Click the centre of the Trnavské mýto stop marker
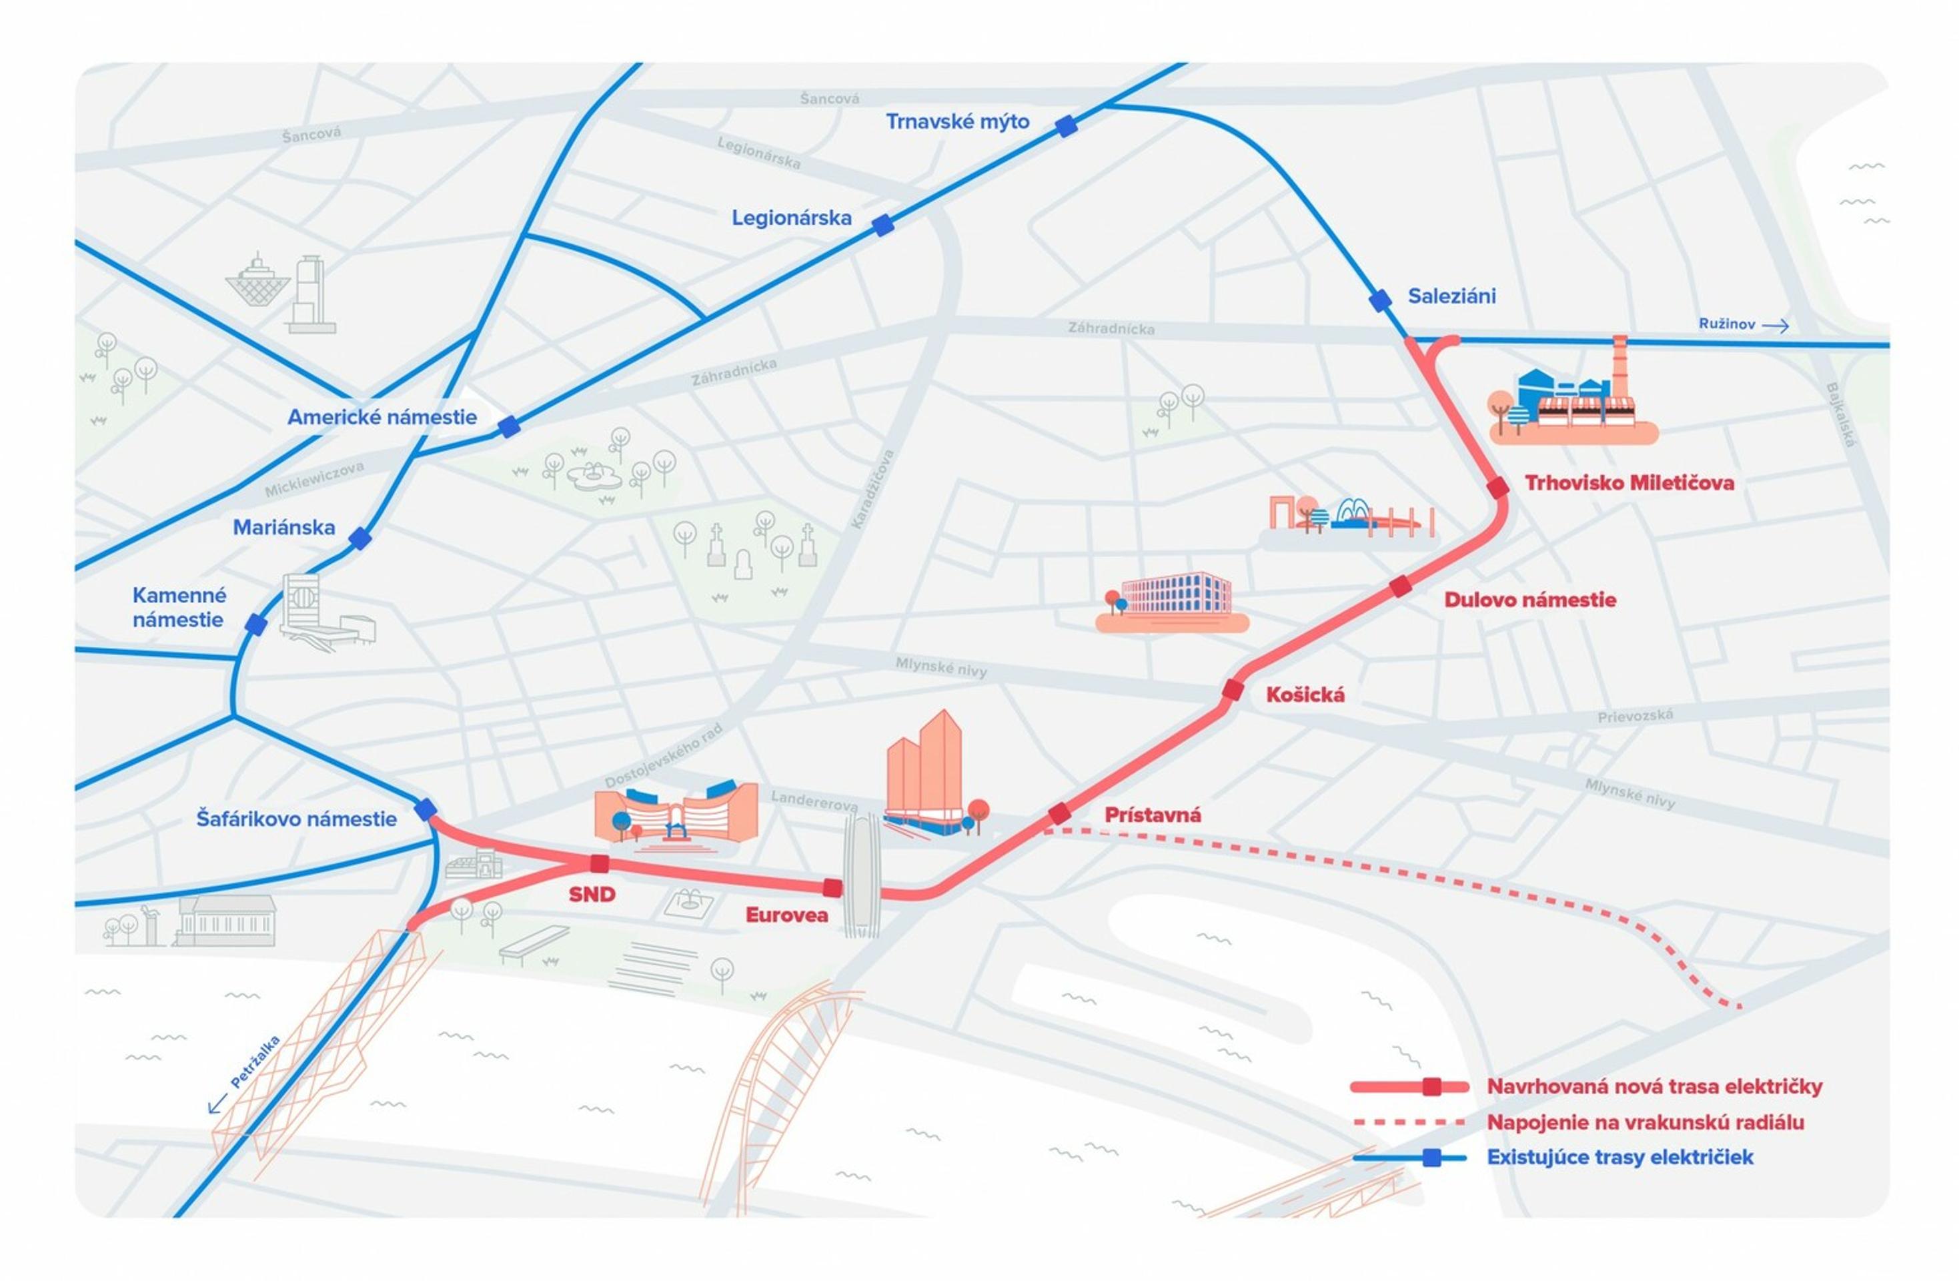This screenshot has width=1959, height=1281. (1066, 126)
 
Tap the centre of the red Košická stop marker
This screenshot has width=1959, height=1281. (1232, 690)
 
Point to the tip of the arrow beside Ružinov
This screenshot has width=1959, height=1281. (1790, 326)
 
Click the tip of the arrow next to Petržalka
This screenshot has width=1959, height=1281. (209, 1113)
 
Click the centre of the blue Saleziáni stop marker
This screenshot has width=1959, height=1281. (1380, 300)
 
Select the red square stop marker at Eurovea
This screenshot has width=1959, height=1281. (833, 887)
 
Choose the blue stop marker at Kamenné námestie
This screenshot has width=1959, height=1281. (256, 625)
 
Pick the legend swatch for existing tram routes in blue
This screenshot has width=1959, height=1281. (1410, 1158)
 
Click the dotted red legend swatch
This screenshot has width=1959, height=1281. (1410, 1122)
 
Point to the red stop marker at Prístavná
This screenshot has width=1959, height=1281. (1059, 814)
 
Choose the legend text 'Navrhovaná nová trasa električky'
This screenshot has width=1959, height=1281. (1654, 1087)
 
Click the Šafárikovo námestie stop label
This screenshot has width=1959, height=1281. (296, 819)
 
